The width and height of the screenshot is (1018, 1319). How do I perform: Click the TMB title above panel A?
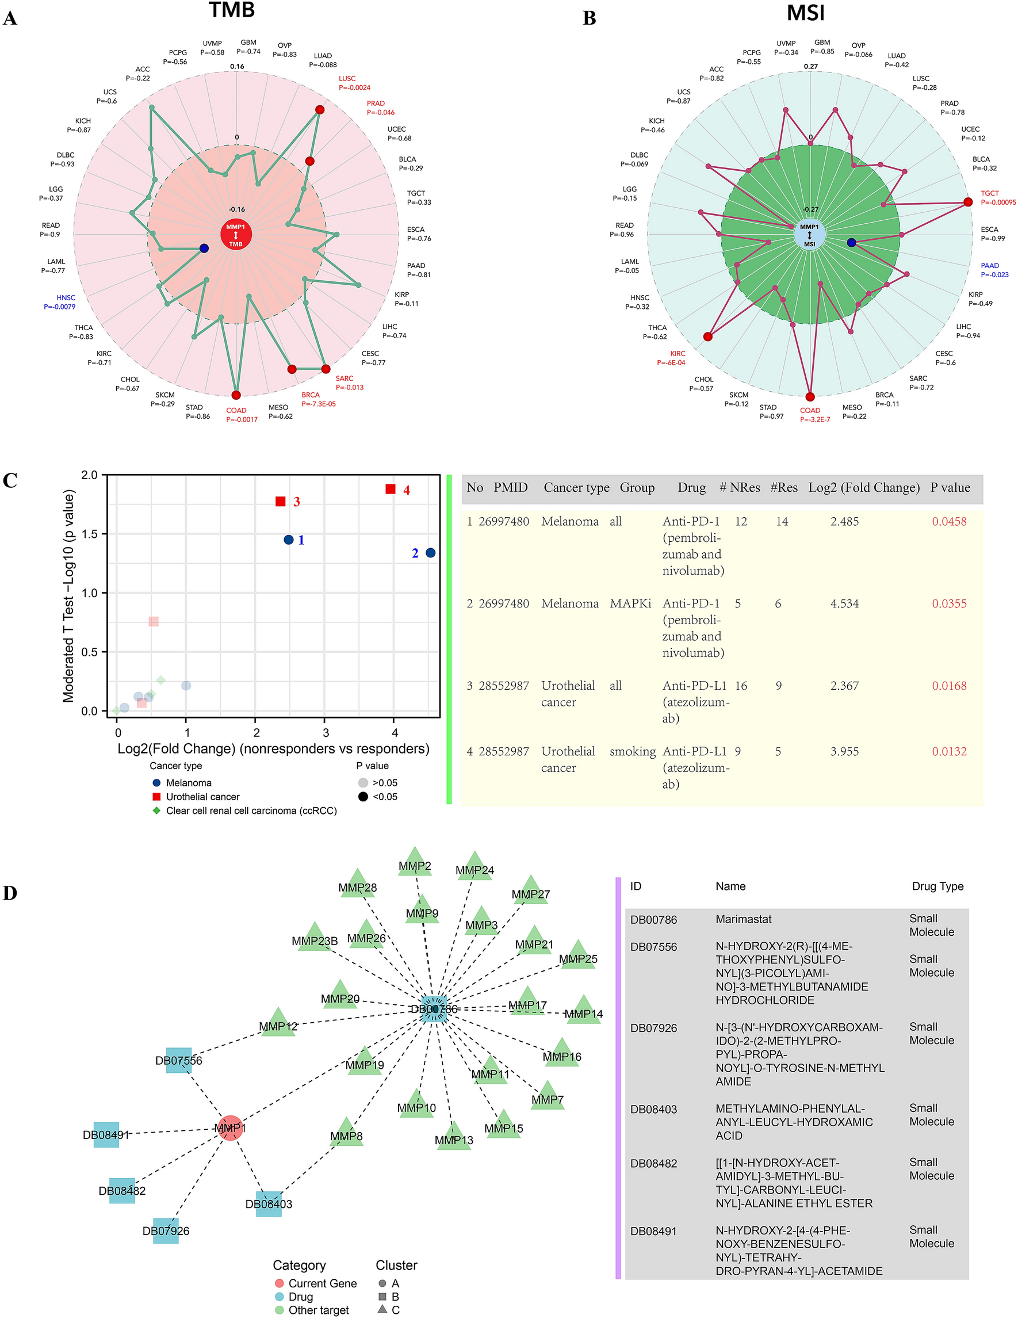(x=232, y=10)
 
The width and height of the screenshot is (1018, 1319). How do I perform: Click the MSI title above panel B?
(x=805, y=13)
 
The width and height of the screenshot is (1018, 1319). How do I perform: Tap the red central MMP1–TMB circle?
(x=236, y=235)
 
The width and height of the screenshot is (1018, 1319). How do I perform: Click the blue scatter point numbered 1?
(x=289, y=540)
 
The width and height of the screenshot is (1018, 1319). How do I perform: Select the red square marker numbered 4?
(x=391, y=489)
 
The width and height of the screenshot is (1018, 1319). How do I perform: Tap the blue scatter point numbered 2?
(x=431, y=553)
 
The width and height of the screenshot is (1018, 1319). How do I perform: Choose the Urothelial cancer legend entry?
(x=202, y=797)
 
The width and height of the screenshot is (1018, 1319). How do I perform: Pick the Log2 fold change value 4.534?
(x=844, y=603)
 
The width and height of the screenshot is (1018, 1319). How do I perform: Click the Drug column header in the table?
(x=691, y=487)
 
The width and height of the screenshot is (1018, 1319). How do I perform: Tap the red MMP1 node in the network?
(x=230, y=1128)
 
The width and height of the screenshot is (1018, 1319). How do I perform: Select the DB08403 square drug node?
(x=269, y=1203)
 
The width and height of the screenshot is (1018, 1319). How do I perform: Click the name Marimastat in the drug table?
(x=743, y=919)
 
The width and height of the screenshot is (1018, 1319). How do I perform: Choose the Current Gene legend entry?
(x=322, y=1283)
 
